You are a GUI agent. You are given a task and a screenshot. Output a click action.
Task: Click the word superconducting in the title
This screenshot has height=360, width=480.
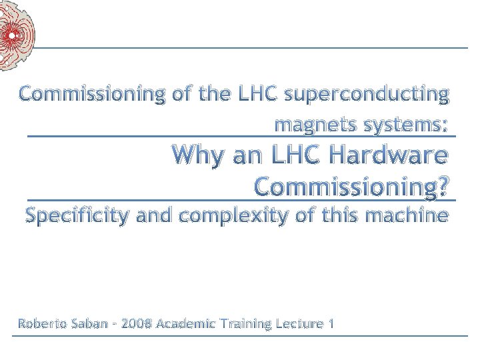click(366, 95)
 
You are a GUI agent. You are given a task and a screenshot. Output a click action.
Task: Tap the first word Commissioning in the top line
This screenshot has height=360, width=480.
click(91, 95)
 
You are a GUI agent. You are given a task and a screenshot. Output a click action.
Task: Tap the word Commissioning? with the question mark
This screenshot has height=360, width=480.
click(351, 187)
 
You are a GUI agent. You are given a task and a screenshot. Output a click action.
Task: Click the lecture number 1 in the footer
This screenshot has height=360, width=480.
click(331, 324)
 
